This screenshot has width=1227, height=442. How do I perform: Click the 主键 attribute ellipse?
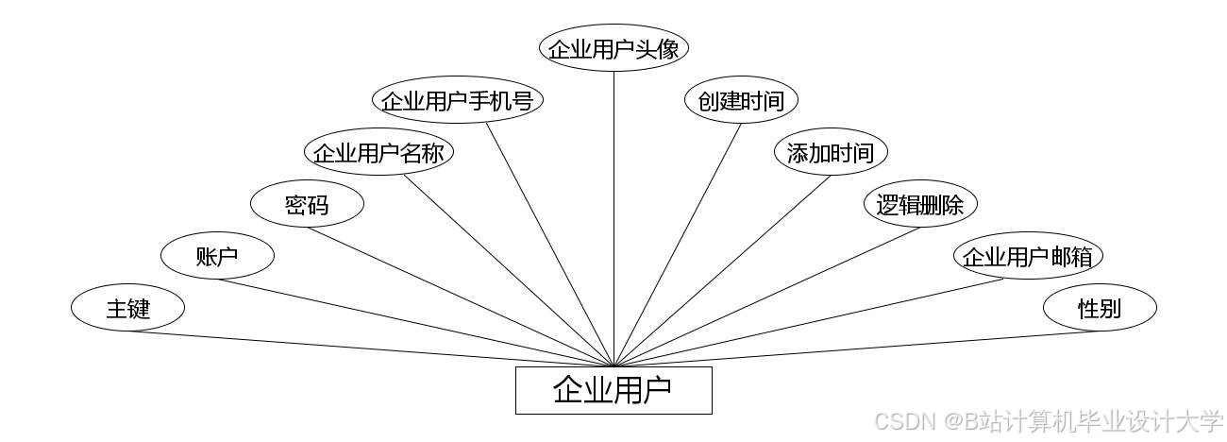coord(127,308)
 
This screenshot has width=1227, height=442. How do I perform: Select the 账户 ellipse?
coord(217,256)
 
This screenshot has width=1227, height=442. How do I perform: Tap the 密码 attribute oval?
coord(307,205)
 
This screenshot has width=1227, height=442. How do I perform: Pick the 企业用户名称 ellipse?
coord(378,153)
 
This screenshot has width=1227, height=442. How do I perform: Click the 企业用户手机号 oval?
coord(458,101)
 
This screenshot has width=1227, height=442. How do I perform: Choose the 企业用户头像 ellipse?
coord(613,49)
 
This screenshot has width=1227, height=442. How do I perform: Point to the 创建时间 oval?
coord(741,101)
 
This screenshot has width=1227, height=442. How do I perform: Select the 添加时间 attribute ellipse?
coord(831,153)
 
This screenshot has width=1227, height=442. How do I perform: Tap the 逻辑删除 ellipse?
coord(920,205)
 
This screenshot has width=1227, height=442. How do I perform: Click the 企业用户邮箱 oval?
coord(1028,256)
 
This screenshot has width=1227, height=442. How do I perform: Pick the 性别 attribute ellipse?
coord(1100,308)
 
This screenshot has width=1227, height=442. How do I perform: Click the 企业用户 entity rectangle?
coord(613,390)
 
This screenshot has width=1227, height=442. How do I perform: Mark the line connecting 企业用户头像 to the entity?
coord(613,217)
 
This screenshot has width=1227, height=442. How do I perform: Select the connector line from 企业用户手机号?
coord(550,245)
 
